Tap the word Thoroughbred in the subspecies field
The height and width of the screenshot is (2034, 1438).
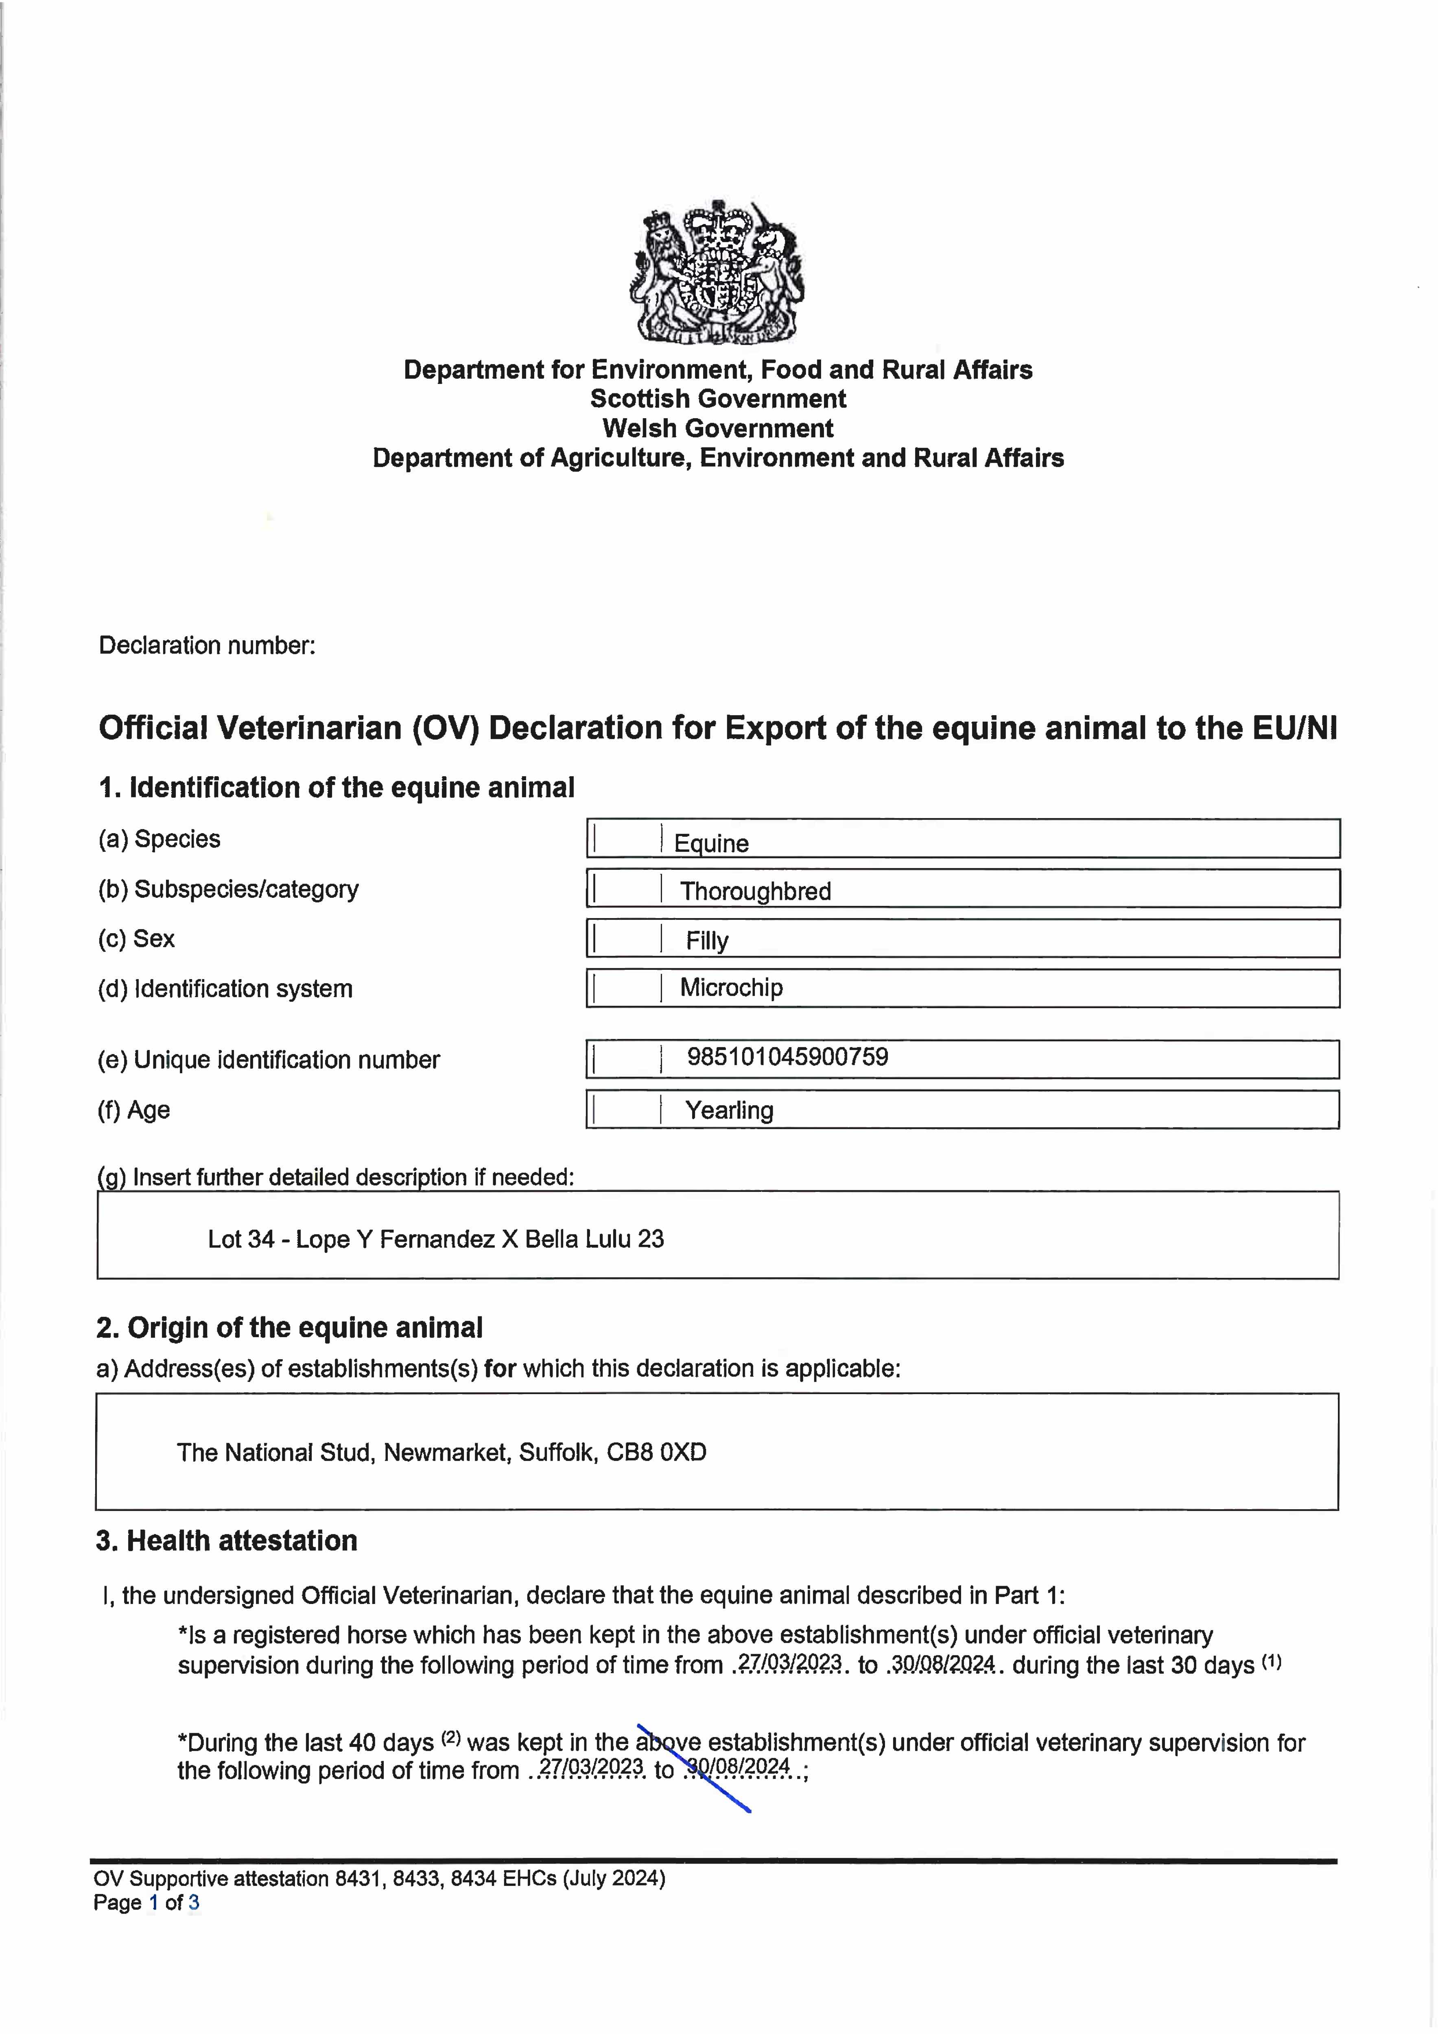pos(755,891)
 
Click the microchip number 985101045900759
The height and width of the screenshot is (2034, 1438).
pos(788,1057)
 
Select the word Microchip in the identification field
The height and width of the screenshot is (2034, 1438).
pos(731,988)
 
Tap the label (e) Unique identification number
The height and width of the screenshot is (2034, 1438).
pos(269,1061)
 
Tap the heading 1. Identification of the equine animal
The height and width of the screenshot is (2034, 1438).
pos(337,788)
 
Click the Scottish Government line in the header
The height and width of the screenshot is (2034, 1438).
pos(718,399)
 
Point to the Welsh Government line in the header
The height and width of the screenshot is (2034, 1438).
pos(718,429)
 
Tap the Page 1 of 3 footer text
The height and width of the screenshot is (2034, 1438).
pos(146,1903)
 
